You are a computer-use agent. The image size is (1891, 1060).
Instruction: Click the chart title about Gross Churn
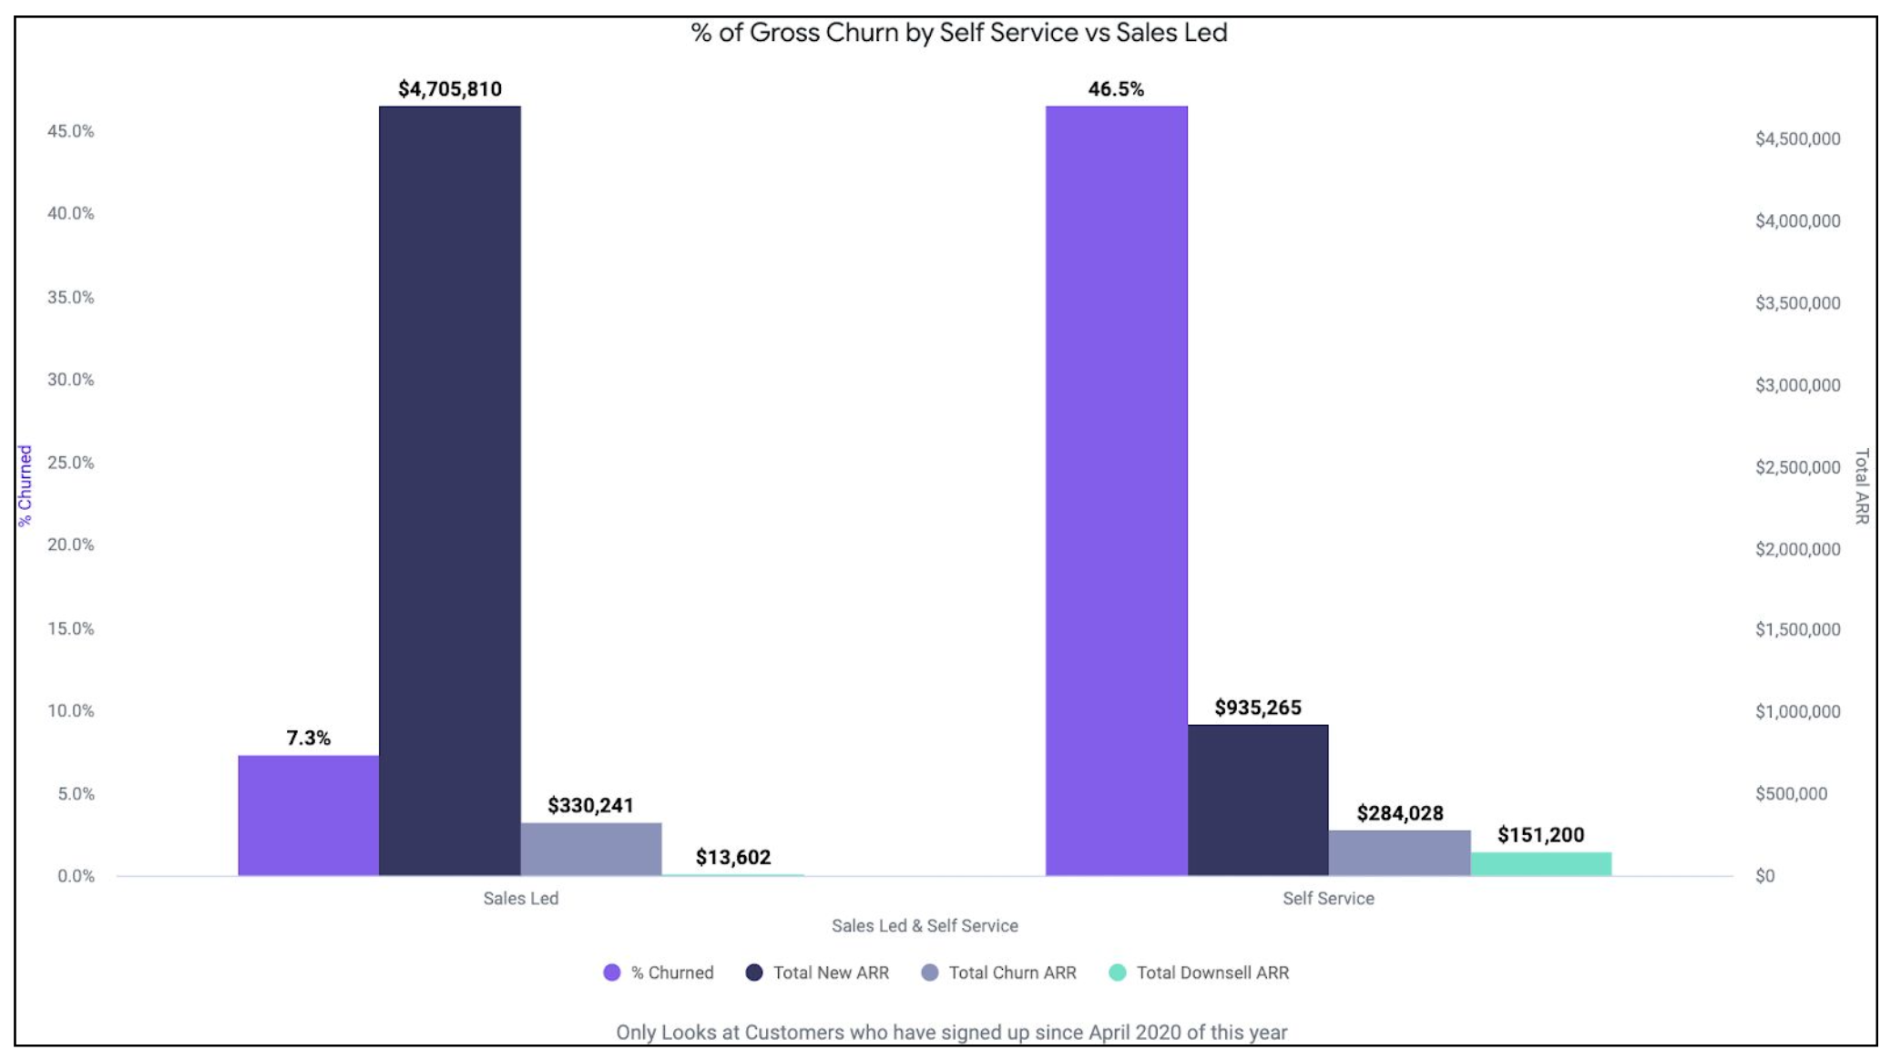point(958,33)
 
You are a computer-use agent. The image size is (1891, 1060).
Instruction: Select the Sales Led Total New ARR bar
point(449,492)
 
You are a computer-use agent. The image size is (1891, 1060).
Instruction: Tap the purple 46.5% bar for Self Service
point(1116,492)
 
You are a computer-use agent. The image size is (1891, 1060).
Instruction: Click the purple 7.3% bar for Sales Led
point(308,815)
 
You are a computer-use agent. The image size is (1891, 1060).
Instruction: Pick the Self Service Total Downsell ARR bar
point(1540,864)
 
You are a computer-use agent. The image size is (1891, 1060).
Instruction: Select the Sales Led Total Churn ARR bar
point(590,849)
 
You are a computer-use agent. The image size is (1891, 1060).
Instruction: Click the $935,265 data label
point(1257,708)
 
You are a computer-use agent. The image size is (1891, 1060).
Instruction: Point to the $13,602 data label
point(732,857)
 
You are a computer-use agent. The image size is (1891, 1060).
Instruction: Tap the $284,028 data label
point(1399,813)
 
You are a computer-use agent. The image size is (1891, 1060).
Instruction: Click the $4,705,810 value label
point(449,89)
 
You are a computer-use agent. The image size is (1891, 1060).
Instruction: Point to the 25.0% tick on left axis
point(70,463)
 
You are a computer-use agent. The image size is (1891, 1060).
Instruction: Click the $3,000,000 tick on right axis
point(1797,385)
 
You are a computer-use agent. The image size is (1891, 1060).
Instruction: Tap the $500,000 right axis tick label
point(1791,793)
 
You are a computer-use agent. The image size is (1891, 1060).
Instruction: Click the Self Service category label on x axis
point(1327,898)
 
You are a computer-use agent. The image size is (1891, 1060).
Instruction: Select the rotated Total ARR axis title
point(1862,485)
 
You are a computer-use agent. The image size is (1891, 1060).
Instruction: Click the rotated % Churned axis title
point(25,485)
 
